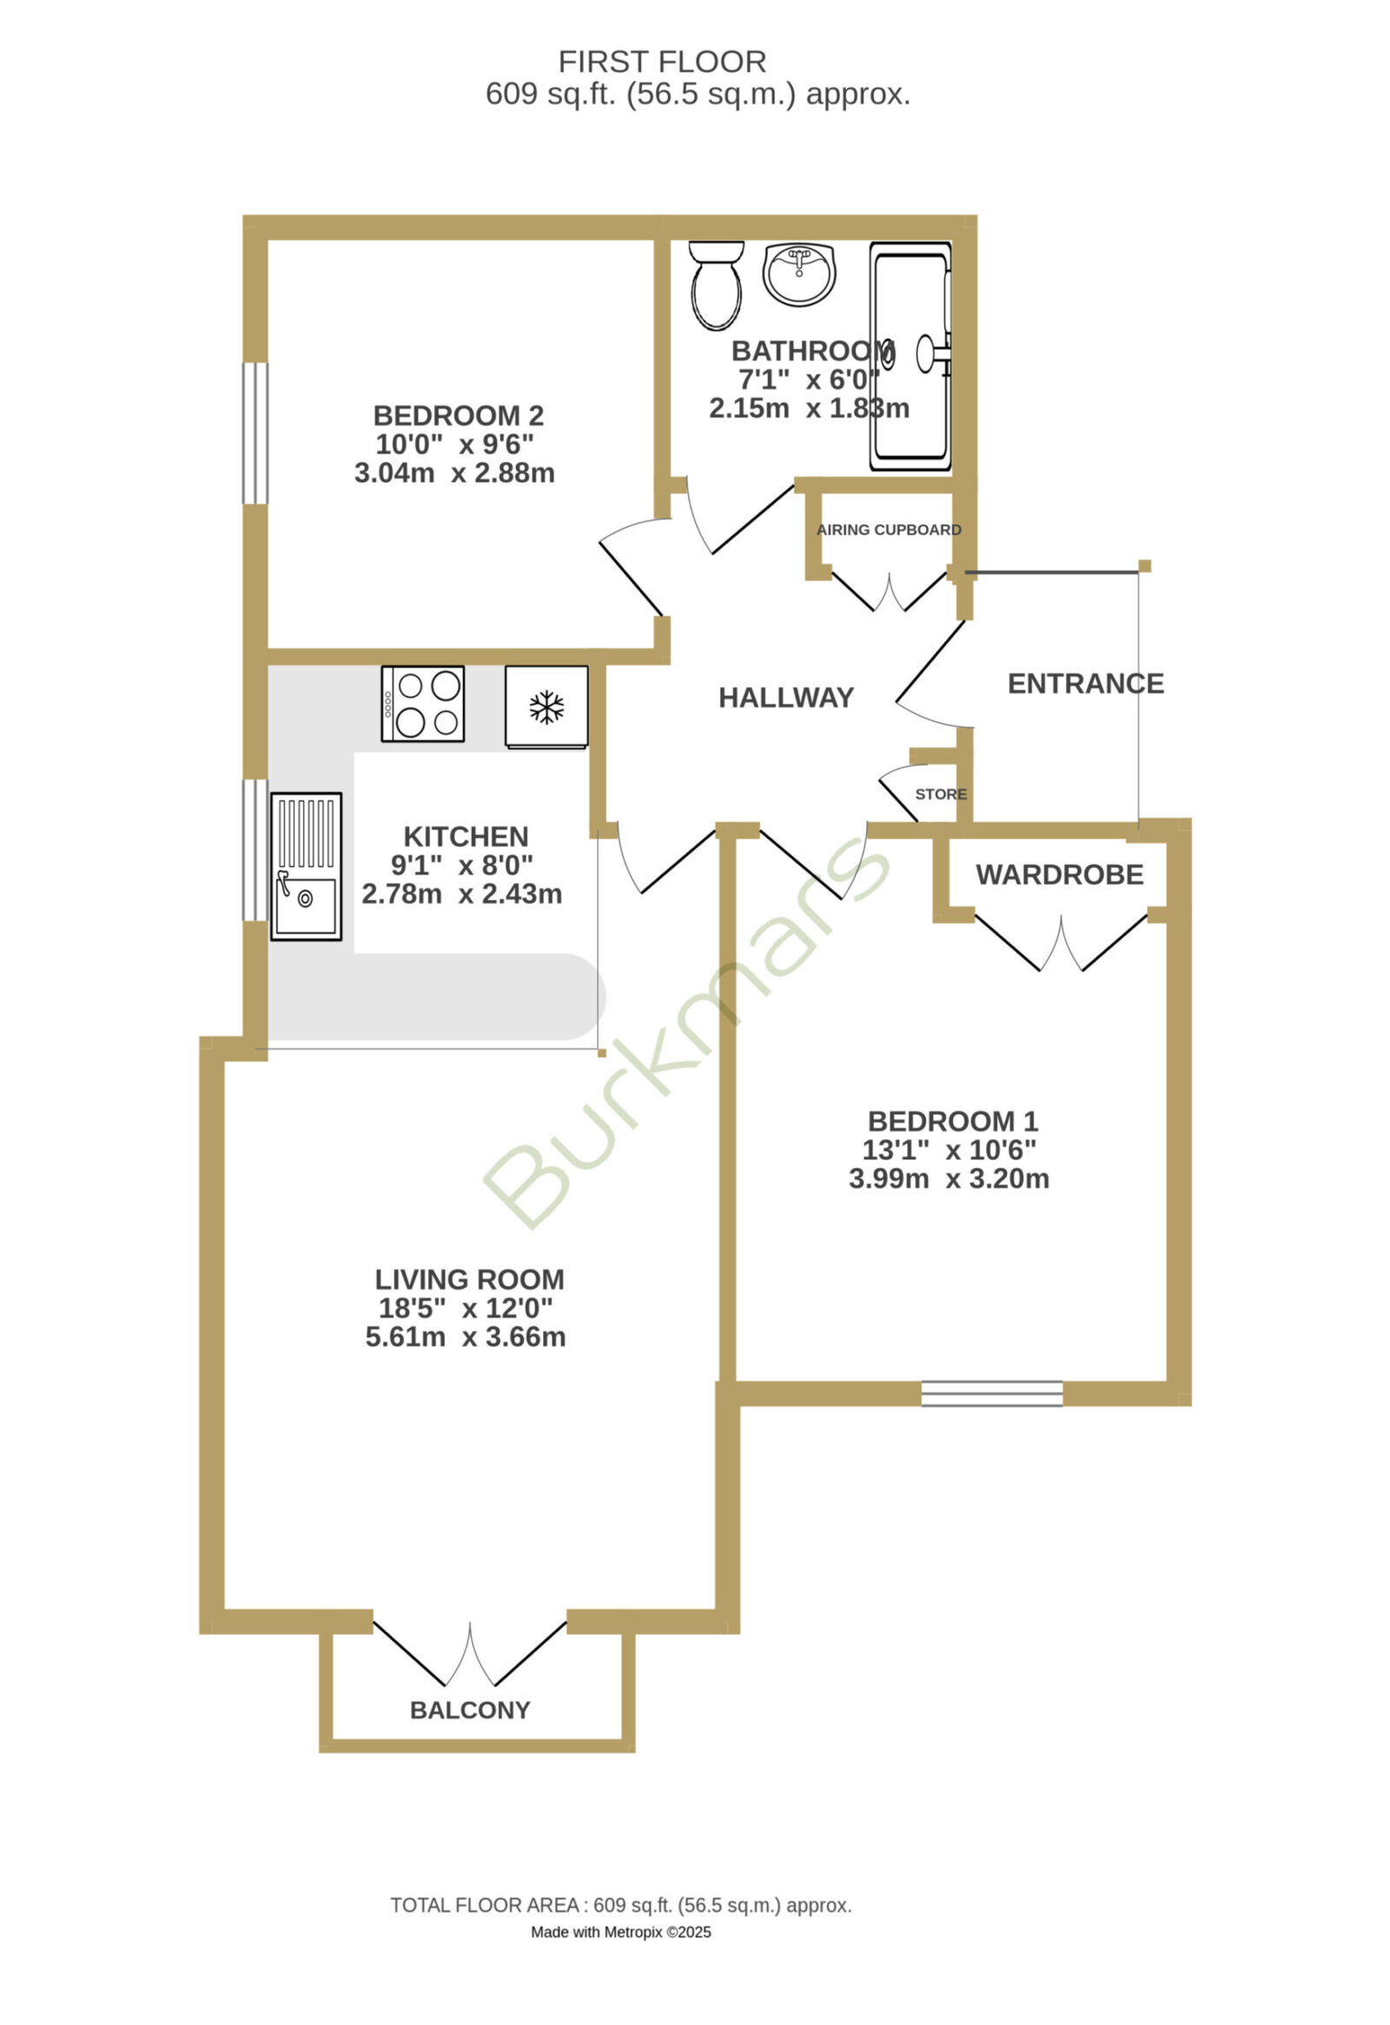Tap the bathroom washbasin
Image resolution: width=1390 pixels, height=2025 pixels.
(x=799, y=274)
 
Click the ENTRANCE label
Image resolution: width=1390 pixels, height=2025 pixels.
(x=1086, y=683)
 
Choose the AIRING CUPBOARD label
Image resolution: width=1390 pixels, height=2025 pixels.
(x=889, y=530)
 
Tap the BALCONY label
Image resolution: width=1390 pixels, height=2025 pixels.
(x=471, y=1710)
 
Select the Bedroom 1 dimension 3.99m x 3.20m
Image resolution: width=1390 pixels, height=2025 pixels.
(x=949, y=1179)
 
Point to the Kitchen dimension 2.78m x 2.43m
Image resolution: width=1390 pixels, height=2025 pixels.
(x=462, y=894)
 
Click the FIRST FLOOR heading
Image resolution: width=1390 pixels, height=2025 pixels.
(x=662, y=62)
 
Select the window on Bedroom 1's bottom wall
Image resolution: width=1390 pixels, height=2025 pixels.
(x=993, y=1394)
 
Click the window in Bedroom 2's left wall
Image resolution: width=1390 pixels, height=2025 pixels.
(x=255, y=433)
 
